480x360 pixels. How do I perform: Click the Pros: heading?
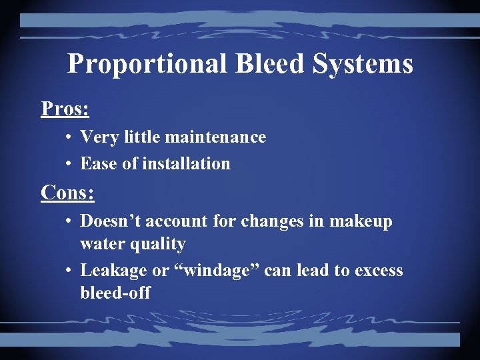(65, 108)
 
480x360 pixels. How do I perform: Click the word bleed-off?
(115, 293)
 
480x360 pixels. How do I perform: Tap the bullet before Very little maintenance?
(69, 138)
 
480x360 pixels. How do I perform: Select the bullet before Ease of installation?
(69, 164)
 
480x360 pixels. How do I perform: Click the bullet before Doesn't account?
(69, 221)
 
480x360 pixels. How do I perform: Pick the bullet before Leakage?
(69, 271)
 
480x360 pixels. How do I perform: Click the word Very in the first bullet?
(95, 137)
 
